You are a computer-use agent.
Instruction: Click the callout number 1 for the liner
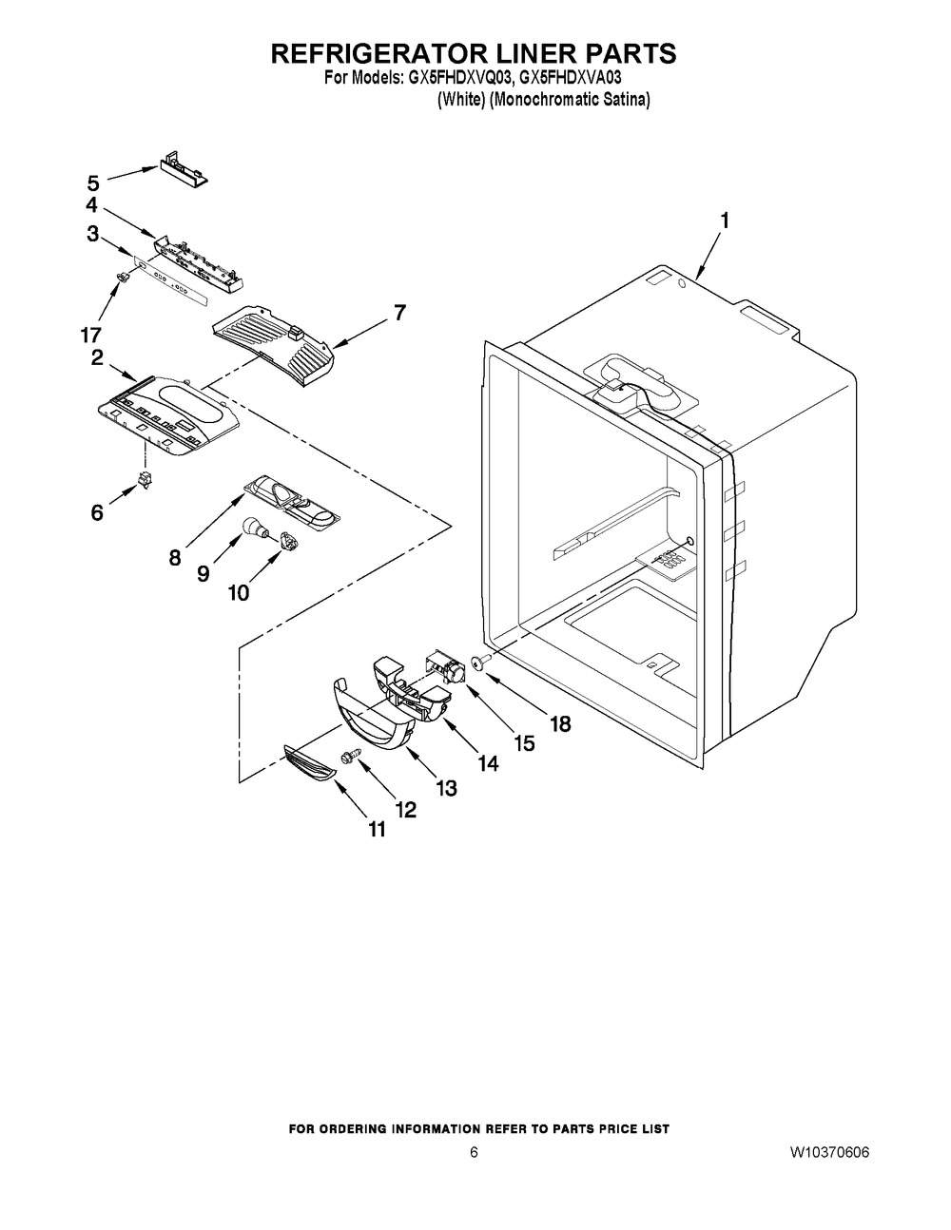click(725, 221)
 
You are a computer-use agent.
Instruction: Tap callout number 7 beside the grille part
click(399, 312)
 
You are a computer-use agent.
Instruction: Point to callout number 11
click(378, 829)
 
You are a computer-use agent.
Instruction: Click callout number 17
click(91, 335)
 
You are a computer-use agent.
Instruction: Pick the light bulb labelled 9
click(254, 525)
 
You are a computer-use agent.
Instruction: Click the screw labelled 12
click(350, 757)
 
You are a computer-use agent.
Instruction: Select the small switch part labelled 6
click(146, 480)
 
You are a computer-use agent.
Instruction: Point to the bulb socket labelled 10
click(291, 543)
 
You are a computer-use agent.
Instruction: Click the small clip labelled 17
click(123, 276)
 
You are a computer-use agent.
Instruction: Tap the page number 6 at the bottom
click(473, 1153)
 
